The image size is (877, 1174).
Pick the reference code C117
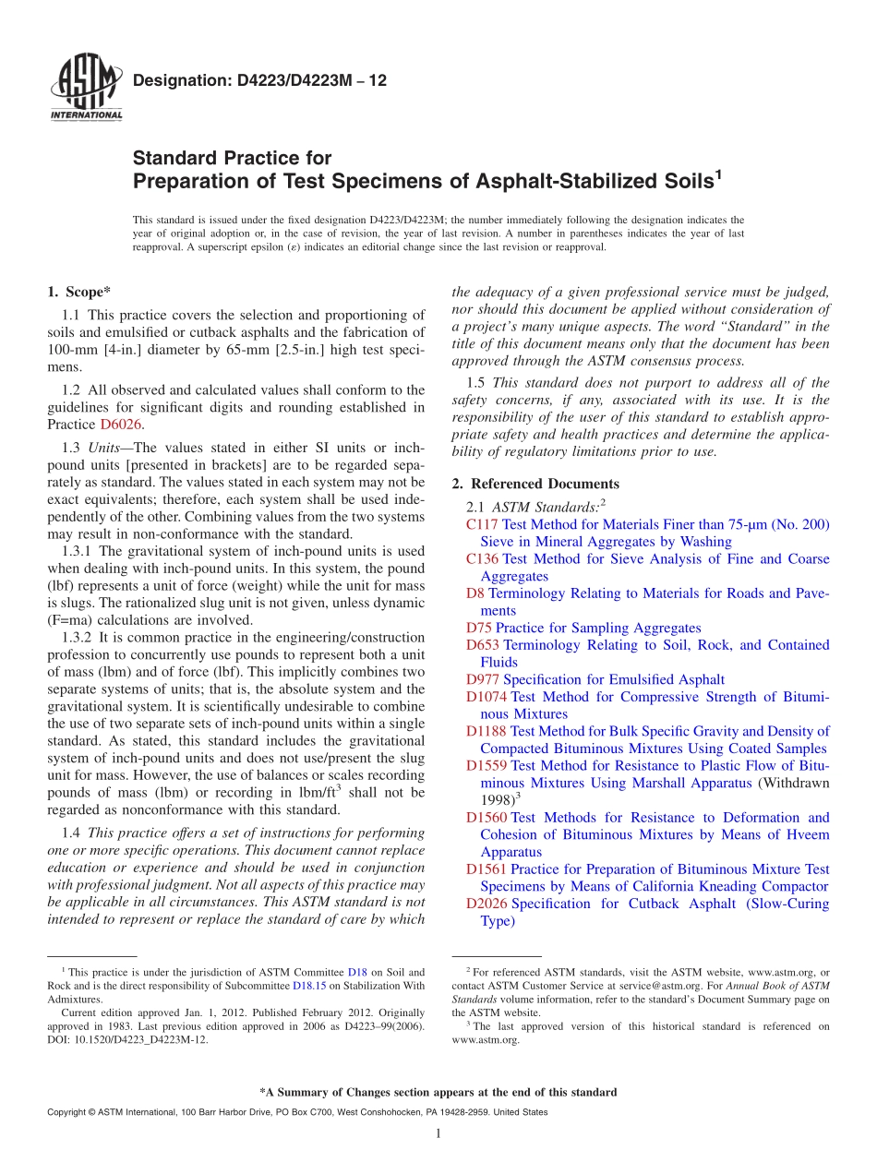[483, 524]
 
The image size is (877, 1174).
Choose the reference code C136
[483, 559]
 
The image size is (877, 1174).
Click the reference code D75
[479, 629]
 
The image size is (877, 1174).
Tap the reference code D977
[483, 680]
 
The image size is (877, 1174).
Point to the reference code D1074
[487, 697]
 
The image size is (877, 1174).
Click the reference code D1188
[487, 732]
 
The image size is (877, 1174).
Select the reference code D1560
[487, 818]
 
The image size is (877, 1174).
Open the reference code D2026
[487, 904]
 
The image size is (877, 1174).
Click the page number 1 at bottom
[438, 1133]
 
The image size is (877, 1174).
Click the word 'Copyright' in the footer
[67, 1112]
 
